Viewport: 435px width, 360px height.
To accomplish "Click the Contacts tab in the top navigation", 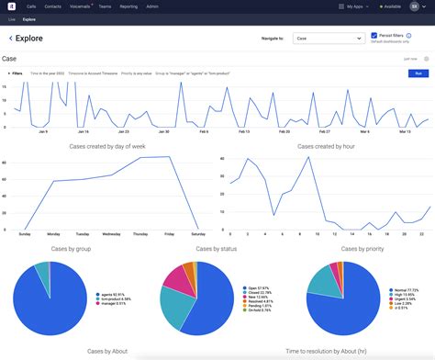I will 52,6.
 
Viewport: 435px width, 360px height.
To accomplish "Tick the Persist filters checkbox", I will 374,36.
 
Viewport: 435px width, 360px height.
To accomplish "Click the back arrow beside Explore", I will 10,39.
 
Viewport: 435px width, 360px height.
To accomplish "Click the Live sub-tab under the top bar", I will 12,18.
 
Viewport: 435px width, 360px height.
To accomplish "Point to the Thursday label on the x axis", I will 139,234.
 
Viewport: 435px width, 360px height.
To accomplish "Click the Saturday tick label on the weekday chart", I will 198,234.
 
